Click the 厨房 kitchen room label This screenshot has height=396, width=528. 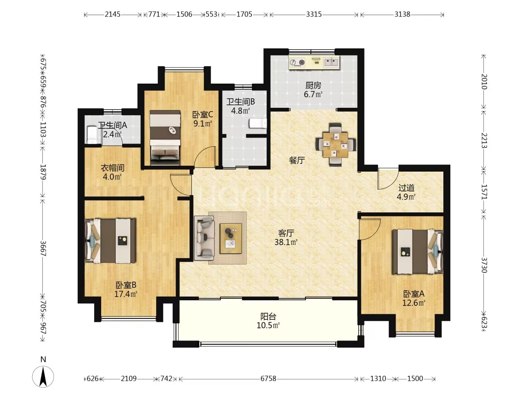[x=313, y=85]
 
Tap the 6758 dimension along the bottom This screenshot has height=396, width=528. [x=268, y=379]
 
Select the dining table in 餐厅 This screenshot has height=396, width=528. [x=335, y=144]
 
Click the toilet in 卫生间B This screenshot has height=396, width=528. [x=258, y=123]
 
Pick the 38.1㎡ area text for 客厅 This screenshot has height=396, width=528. [x=286, y=242]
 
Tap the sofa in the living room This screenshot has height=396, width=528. [x=204, y=238]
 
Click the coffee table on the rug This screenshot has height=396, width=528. [x=231, y=238]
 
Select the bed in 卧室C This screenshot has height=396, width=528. [x=165, y=137]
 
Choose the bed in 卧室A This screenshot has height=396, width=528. [x=417, y=252]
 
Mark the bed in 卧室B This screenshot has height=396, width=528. [x=110, y=241]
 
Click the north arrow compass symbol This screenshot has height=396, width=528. [x=43, y=377]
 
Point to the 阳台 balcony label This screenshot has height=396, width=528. [x=268, y=316]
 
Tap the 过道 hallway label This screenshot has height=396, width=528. [x=406, y=188]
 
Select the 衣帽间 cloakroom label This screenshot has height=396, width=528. [x=112, y=168]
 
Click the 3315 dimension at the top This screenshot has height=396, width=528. [x=313, y=14]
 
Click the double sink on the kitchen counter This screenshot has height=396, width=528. [x=331, y=62]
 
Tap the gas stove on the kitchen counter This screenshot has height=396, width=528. [x=297, y=62]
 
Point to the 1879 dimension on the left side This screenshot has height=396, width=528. [x=43, y=172]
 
